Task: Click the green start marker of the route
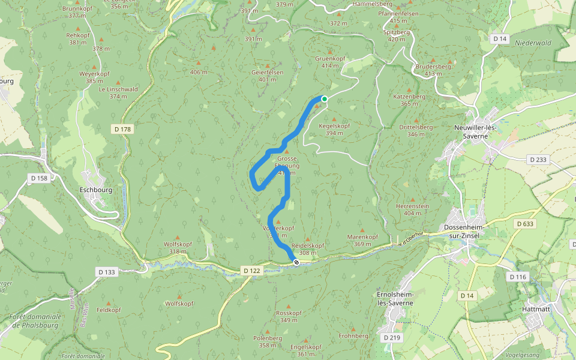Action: pyautogui.click(x=325, y=99)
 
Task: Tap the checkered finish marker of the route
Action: pyautogui.click(x=296, y=262)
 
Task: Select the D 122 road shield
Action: pyautogui.click(x=253, y=271)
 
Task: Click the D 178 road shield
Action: pyautogui.click(x=122, y=129)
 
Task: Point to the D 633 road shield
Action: pyautogui.click(x=524, y=224)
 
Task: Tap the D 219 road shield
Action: pyautogui.click(x=391, y=338)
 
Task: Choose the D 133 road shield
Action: pyautogui.click(x=106, y=272)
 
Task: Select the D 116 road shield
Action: pyautogui.click(x=517, y=277)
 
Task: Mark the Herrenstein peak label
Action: pyautogui.click(x=413, y=206)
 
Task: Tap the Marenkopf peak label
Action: pyautogui.click(x=362, y=236)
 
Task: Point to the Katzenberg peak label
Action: pyautogui.click(x=409, y=96)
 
